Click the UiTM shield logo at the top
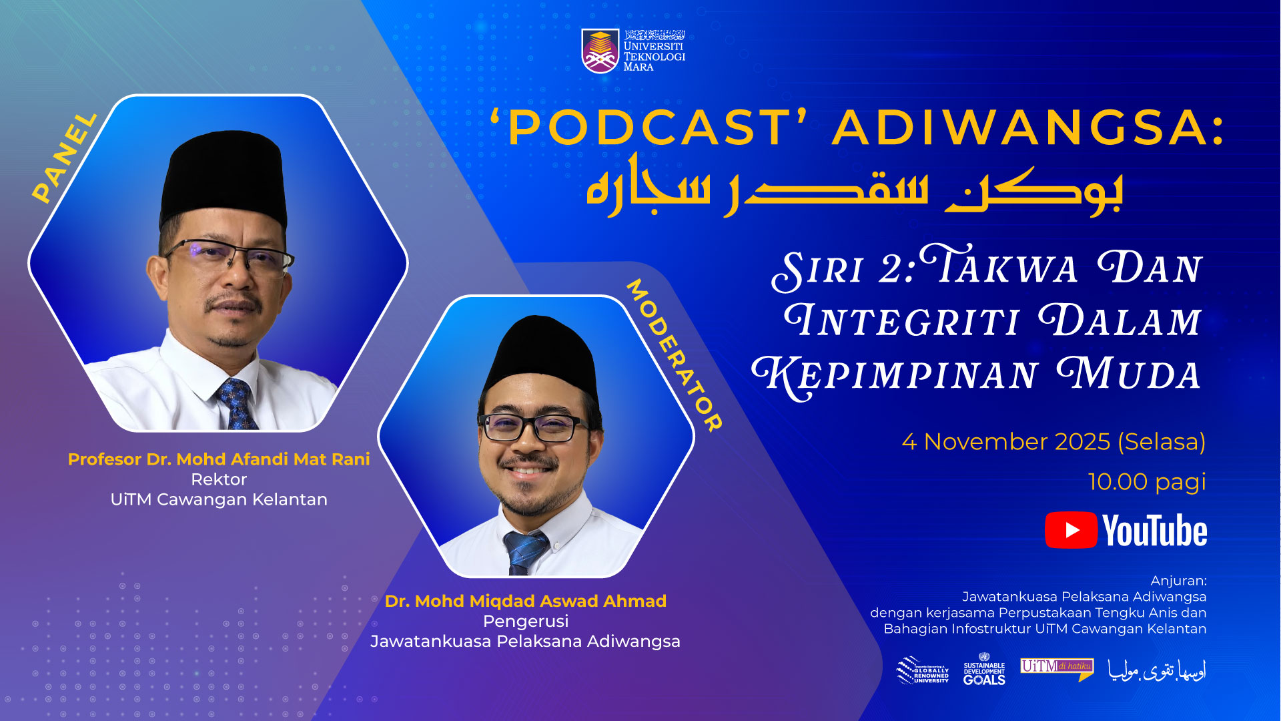[x=600, y=50]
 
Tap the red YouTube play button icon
[x=1071, y=530]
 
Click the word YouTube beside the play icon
[x=1155, y=531]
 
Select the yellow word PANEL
[x=65, y=158]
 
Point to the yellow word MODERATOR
[x=674, y=355]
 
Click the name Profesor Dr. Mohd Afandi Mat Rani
[x=219, y=459]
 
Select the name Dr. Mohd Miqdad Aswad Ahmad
[x=526, y=601]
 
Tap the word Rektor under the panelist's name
[x=219, y=479]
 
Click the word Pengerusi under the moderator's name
[x=526, y=621]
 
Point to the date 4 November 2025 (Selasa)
[x=1053, y=442]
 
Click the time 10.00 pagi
[x=1146, y=482]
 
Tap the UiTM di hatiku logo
[x=1057, y=668]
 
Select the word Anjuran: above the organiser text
[x=1178, y=581]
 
